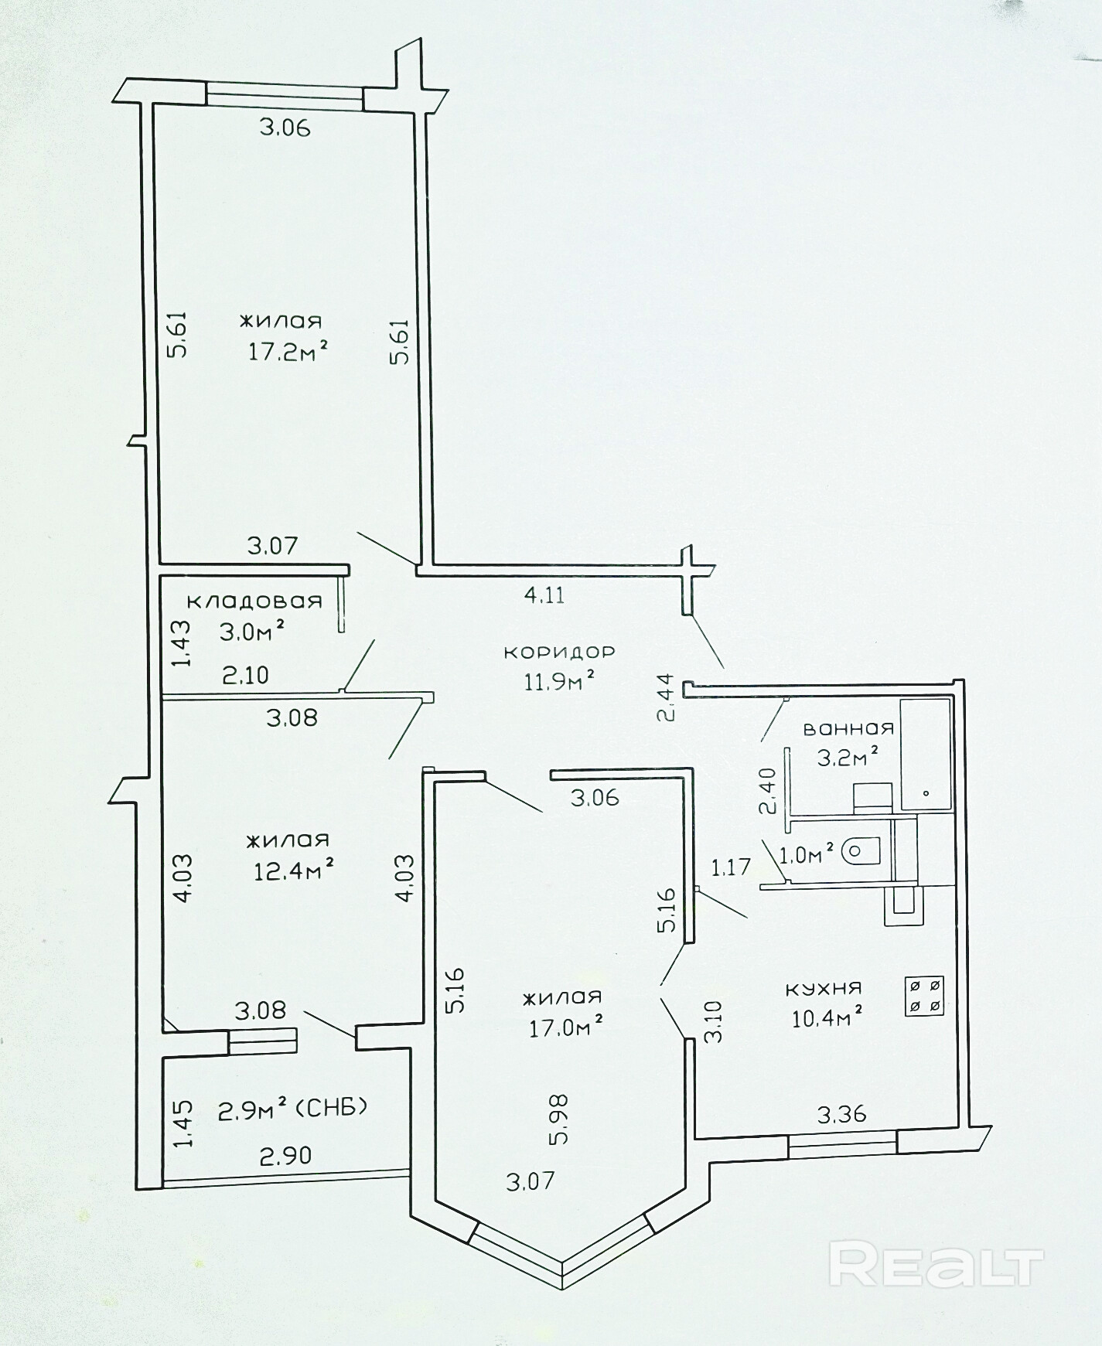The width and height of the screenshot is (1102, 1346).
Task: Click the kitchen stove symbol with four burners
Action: [x=925, y=996]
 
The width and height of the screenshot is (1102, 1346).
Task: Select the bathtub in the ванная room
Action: [x=926, y=755]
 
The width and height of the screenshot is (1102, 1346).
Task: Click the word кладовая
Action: [x=255, y=601]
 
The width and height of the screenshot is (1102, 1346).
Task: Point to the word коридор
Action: [x=560, y=652]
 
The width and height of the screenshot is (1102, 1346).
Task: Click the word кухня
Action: [x=824, y=988]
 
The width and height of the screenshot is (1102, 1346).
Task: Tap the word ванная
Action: [x=848, y=728]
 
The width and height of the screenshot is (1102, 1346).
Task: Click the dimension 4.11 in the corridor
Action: [x=544, y=596]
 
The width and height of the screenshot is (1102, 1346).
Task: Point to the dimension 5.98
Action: [x=558, y=1119]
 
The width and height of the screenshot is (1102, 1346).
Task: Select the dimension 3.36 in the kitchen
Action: [x=841, y=1114]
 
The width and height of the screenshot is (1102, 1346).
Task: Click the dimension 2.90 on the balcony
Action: [x=285, y=1155]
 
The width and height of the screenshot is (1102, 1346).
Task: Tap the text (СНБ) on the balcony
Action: [x=332, y=1108]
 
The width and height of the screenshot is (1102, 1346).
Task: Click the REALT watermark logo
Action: [x=936, y=1262]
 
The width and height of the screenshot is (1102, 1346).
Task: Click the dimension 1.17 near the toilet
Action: [x=731, y=867]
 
